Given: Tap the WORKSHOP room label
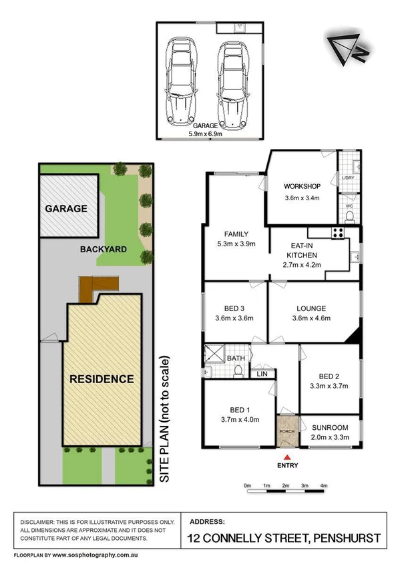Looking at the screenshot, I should tap(303, 186).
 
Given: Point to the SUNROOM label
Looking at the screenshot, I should tap(330, 428).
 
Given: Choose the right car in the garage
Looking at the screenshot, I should tap(230, 81).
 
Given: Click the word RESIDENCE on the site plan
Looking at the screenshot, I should tap(102, 379).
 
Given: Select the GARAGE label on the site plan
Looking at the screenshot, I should tap(66, 208).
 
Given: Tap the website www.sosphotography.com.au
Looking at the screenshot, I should tap(97, 555).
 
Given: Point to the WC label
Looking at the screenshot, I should tap(348, 206).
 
